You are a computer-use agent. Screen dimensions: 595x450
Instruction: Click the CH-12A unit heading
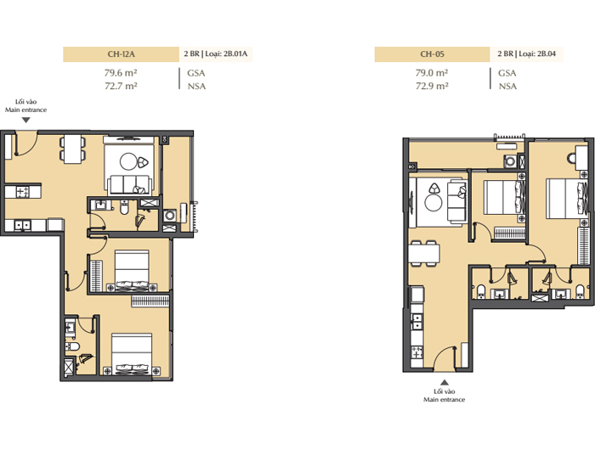(121, 53)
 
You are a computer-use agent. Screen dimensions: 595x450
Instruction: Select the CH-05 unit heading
(432, 53)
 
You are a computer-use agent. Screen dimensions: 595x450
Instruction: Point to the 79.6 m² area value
(121, 73)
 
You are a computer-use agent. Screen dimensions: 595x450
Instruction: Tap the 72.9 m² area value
(432, 86)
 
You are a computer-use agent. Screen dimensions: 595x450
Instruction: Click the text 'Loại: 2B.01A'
(226, 53)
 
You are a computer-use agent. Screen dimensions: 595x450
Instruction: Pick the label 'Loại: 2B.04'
(537, 53)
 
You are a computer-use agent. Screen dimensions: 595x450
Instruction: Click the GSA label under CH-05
(507, 73)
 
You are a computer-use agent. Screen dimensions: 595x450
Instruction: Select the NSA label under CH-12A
(196, 87)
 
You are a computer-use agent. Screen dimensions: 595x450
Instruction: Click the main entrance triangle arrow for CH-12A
(25, 121)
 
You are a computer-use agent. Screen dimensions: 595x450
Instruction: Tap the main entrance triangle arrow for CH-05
(445, 383)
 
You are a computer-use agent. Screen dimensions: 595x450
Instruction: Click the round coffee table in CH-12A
(128, 161)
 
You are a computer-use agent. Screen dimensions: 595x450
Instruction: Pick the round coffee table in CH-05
(433, 203)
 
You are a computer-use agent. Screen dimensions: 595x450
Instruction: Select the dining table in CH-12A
(72, 149)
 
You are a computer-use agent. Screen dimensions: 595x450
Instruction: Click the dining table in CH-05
(424, 253)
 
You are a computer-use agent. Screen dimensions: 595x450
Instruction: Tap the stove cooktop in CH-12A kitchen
(22, 191)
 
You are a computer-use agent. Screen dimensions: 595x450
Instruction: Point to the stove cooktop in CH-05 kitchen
(417, 353)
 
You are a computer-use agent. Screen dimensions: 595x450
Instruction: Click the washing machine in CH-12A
(170, 216)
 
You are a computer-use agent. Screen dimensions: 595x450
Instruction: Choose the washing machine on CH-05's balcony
(510, 161)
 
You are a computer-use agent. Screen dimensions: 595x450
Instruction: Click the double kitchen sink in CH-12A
(22, 225)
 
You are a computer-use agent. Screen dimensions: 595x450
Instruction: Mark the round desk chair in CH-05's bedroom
(571, 158)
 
